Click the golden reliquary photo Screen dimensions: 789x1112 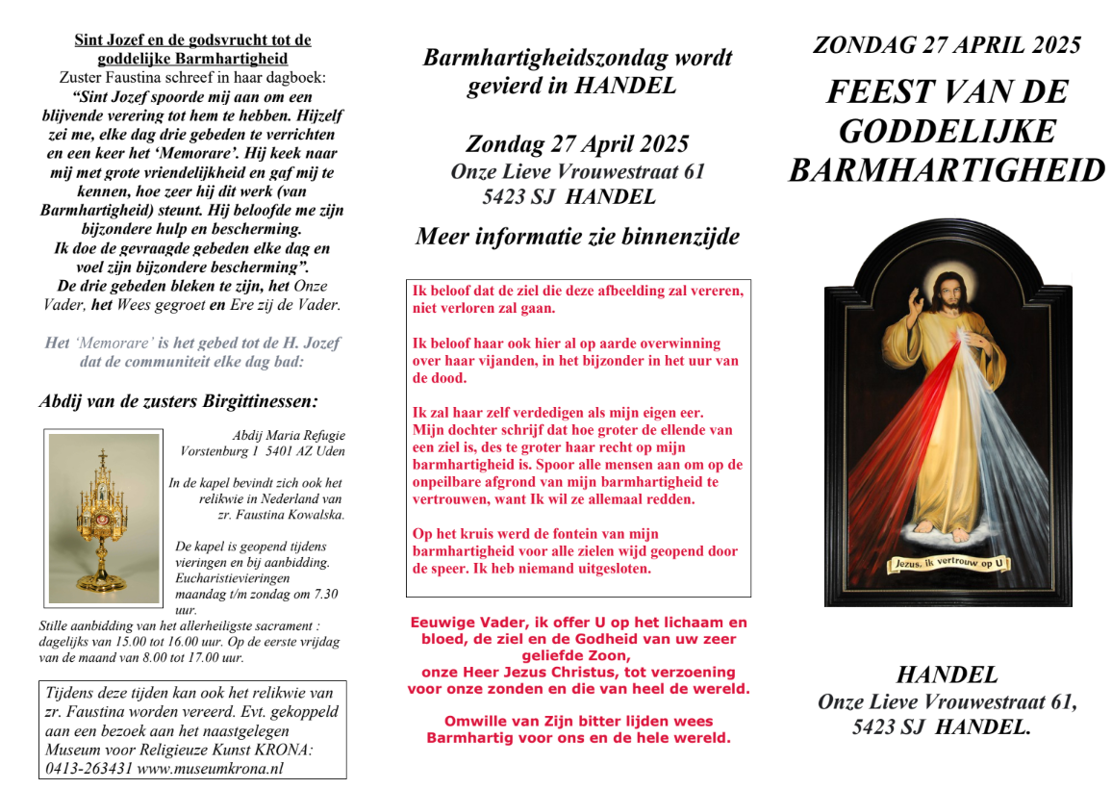[x=104, y=518]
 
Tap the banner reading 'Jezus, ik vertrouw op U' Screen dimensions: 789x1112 [x=948, y=563]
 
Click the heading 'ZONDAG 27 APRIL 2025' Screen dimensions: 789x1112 [x=947, y=44]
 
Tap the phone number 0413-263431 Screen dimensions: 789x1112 [x=88, y=768]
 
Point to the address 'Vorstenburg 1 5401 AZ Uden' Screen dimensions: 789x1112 [x=263, y=450]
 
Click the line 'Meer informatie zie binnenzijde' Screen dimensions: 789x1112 [x=577, y=236]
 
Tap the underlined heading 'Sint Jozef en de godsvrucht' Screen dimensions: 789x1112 [x=193, y=40]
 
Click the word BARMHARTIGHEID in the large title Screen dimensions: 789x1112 [x=947, y=170]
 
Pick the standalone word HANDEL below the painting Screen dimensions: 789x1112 [x=947, y=674]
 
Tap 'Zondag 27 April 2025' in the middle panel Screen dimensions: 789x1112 [x=577, y=144]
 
